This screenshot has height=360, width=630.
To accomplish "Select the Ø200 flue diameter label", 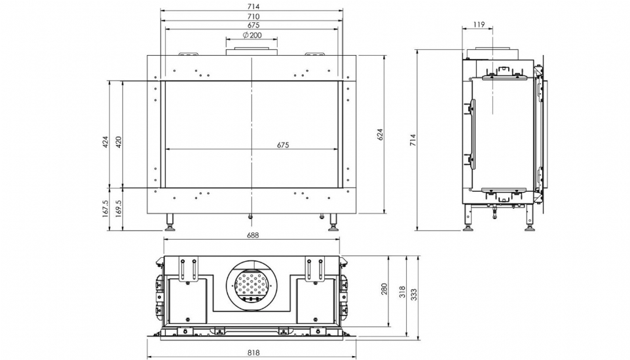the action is click(252, 35).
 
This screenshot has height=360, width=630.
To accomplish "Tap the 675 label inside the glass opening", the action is click(283, 145).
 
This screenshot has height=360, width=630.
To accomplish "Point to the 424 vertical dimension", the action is click(105, 142).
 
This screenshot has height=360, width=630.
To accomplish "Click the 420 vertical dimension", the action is click(119, 142).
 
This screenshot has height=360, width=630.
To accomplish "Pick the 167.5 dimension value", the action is click(105, 209).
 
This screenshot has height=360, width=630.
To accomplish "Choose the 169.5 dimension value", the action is click(119, 209).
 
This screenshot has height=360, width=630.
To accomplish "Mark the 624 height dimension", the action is click(380, 134).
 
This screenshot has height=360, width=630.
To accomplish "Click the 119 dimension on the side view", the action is click(479, 24).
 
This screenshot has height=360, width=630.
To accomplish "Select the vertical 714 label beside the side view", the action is click(413, 140).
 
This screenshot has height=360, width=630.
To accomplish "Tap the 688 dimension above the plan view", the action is click(253, 235).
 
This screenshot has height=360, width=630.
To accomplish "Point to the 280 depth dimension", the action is click(384, 289).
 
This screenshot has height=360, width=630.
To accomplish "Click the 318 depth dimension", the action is click(402, 293).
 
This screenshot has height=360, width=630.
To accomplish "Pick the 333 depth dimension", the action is click(415, 295).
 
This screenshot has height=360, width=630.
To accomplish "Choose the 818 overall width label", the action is click(253, 353).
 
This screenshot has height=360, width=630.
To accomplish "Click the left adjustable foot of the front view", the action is click(171, 223).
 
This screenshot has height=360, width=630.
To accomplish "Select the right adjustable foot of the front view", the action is click(333, 223).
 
